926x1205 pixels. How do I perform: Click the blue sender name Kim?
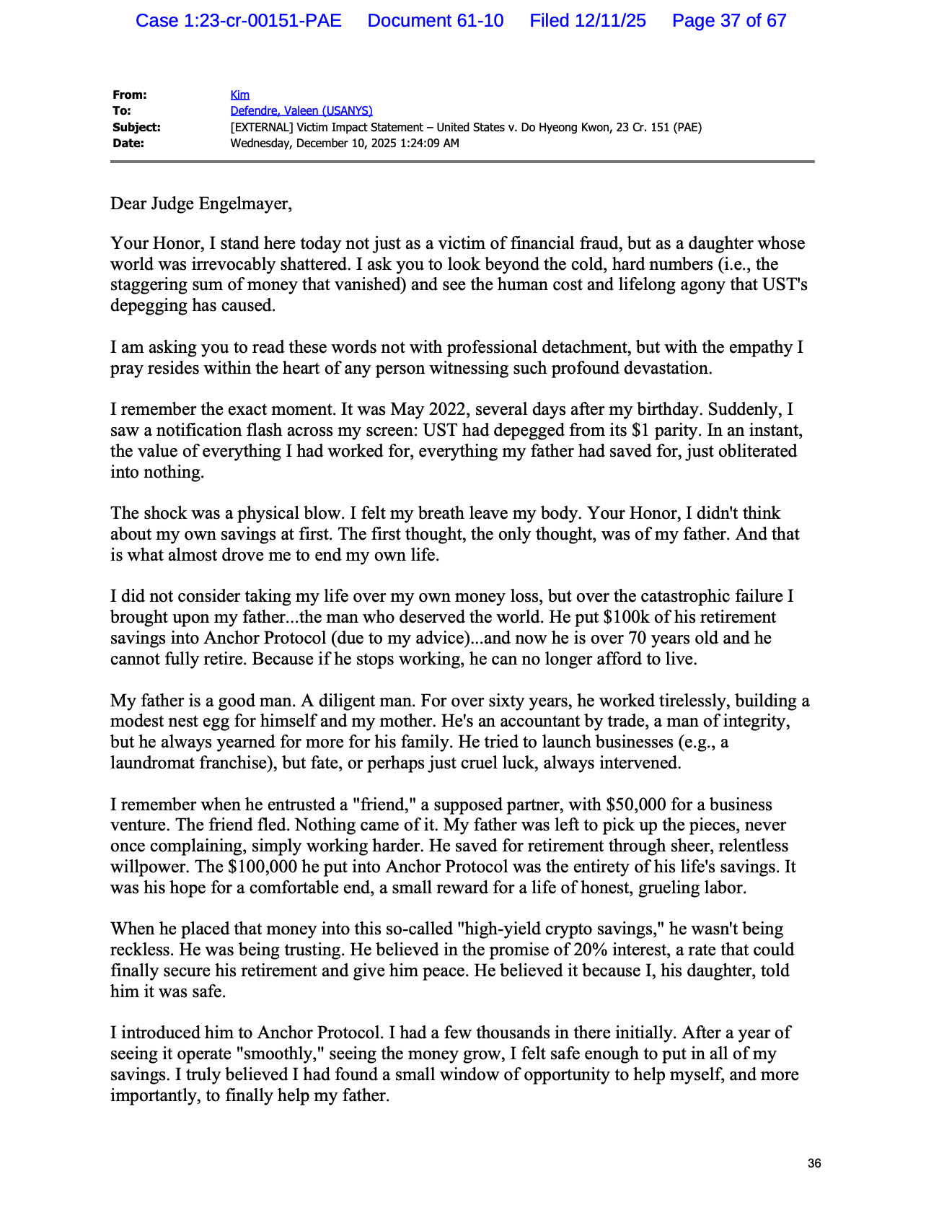point(239,95)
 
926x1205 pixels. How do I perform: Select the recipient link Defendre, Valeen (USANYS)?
point(301,110)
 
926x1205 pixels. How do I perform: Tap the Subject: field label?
point(136,127)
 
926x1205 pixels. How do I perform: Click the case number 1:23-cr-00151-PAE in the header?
point(263,20)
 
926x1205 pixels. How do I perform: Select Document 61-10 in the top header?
point(436,20)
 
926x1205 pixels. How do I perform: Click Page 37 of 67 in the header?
point(729,20)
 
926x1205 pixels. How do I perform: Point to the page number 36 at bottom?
point(814,1163)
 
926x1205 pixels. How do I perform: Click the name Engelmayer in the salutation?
point(243,203)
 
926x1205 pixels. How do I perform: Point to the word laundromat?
point(152,763)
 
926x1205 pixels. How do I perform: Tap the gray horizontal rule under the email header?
point(462,162)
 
